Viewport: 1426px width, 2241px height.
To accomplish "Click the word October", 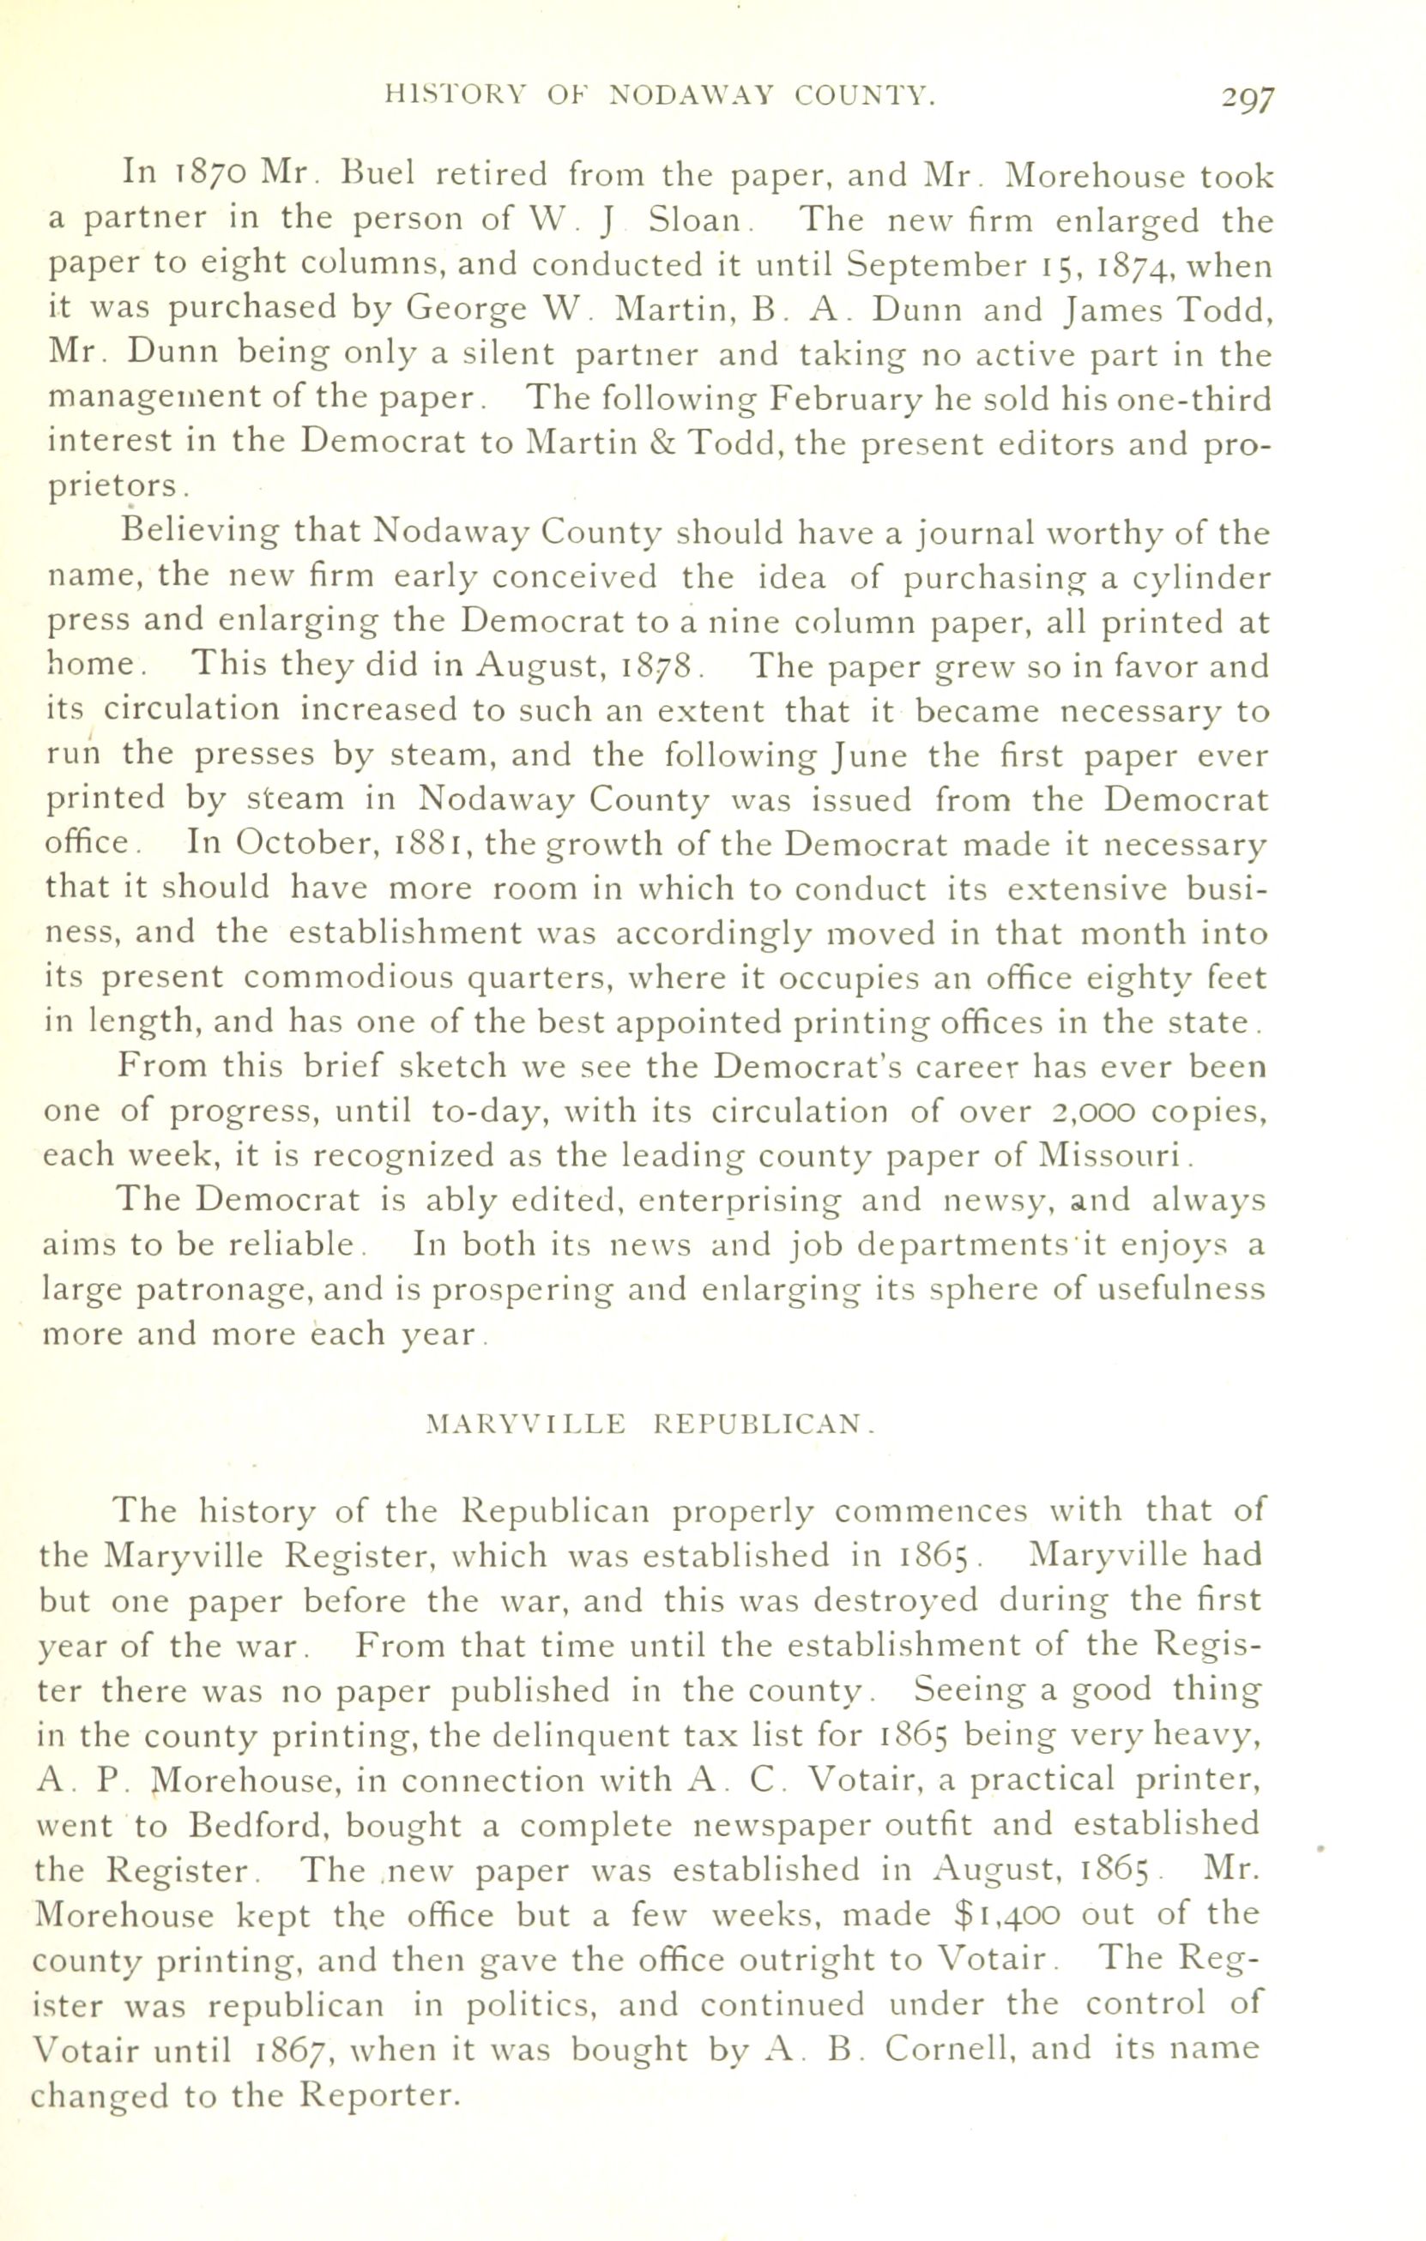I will (x=301, y=845).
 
